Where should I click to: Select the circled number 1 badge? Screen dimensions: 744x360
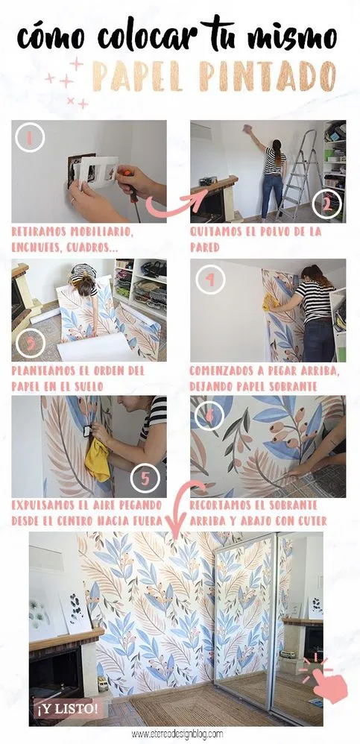(31, 138)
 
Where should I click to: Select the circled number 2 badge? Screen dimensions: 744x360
(326, 201)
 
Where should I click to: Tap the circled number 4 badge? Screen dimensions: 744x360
(210, 280)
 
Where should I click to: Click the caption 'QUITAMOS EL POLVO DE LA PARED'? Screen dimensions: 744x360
(256, 238)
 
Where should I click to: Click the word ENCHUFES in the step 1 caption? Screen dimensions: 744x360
(37, 245)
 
